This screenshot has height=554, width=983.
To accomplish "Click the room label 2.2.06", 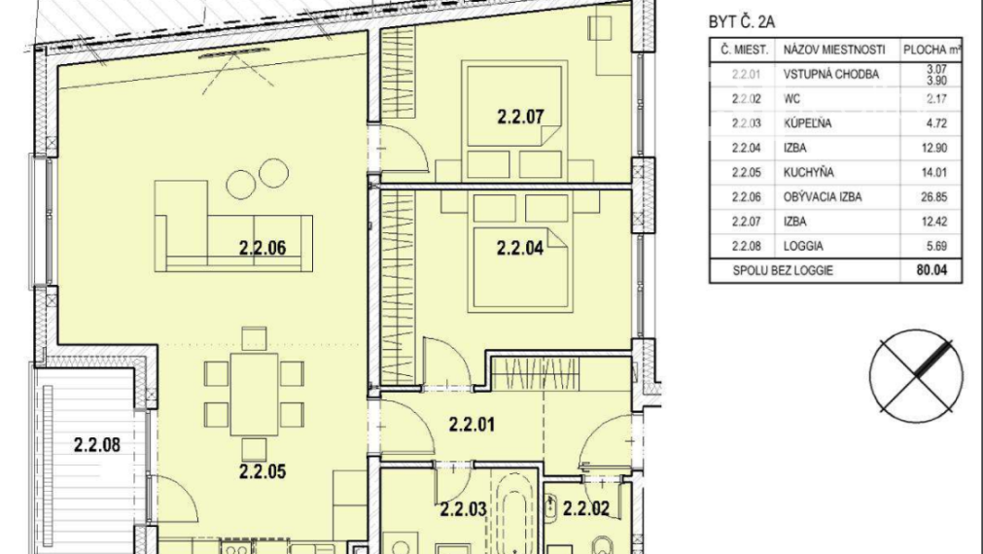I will [x=262, y=247].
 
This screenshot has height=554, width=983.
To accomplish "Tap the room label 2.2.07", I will [x=519, y=120].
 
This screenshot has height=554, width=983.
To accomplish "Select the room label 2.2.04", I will [x=519, y=247].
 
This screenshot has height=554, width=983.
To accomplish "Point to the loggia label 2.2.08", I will [x=96, y=446].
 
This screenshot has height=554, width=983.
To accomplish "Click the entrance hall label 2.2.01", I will [x=473, y=424].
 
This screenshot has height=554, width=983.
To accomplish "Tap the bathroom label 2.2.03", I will [x=463, y=506].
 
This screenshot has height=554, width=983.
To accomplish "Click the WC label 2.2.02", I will [x=586, y=506].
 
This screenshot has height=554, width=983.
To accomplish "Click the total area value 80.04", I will [x=931, y=272].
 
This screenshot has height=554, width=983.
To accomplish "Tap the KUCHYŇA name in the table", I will [x=809, y=173].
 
